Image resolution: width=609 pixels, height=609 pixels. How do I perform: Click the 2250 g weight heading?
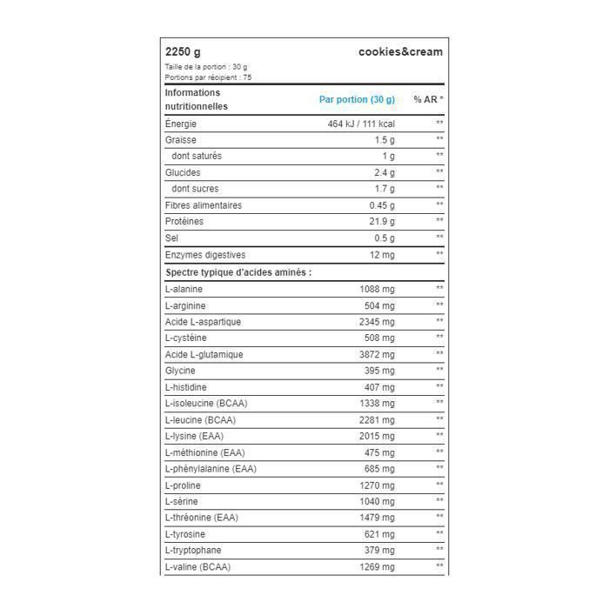pos(183,51)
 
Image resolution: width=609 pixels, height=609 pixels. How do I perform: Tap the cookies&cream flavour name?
pos(400,51)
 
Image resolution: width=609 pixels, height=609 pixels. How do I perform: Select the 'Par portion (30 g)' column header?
pos(357,99)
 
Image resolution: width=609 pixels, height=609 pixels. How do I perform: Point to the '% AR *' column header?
pos(428,99)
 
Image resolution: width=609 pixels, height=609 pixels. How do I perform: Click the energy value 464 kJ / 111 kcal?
pos(361,124)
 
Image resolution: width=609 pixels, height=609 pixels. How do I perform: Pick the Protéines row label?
pos(185,222)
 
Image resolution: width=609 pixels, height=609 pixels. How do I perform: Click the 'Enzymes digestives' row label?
pos(205,255)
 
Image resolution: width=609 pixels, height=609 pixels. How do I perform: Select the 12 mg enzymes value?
pos(381,255)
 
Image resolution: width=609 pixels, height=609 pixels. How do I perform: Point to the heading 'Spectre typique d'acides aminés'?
pos(238,272)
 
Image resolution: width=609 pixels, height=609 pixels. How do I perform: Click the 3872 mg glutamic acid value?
pos(377,354)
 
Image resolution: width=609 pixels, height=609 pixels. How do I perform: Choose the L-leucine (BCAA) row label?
pos(200,420)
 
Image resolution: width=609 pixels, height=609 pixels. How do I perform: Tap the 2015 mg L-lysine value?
pos(377,436)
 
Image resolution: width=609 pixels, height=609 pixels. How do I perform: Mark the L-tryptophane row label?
pos(193,551)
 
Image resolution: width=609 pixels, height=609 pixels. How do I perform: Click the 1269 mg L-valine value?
pos(377,567)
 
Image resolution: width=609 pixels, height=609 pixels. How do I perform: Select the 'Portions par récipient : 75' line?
pos(208,77)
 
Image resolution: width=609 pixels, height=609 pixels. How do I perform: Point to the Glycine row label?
pos(180,371)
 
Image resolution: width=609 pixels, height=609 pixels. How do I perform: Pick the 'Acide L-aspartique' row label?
pos(203,322)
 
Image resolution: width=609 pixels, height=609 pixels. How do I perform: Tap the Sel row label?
pos(171,238)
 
